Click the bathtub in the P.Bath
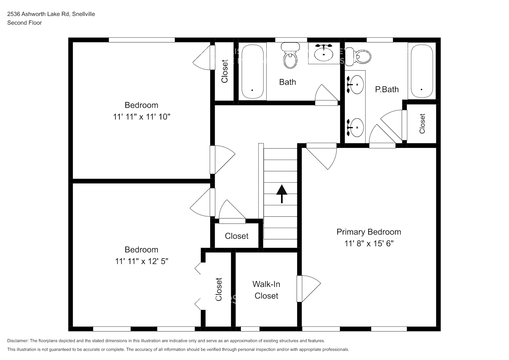pos(422,71)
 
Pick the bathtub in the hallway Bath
pos(252,72)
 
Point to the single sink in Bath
pos(324,54)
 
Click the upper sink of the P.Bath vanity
pos(355,84)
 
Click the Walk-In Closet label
pos(266,290)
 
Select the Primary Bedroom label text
pos(369,232)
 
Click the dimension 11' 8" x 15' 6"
pos(369,243)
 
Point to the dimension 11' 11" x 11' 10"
pos(141,117)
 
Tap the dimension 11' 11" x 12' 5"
pos(141,261)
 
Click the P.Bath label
pos(387,89)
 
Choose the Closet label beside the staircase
pos(237,236)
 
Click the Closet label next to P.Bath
pos(422,123)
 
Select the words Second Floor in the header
pos(24,23)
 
